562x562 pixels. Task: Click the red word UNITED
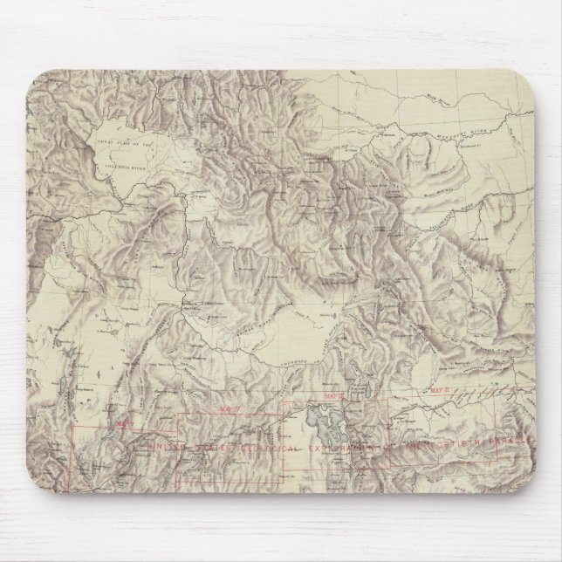(169, 449)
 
